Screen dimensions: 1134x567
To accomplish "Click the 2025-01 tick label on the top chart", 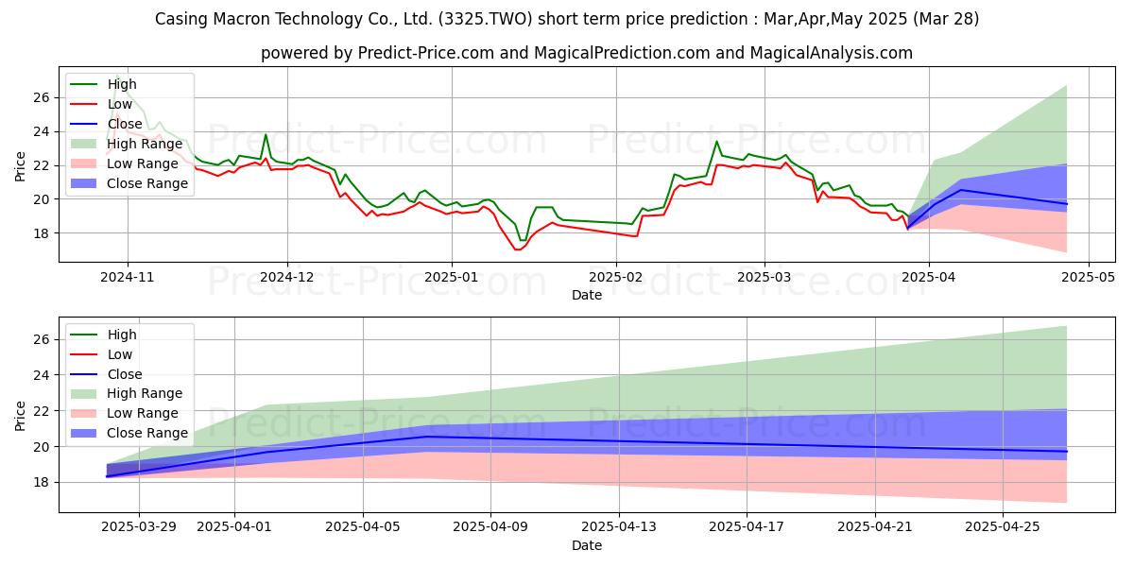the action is (x=452, y=277).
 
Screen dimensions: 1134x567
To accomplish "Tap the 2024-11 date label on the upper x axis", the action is (x=127, y=277).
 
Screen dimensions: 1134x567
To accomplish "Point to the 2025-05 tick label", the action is (x=1088, y=277).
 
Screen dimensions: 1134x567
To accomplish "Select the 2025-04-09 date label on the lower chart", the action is (x=490, y=527).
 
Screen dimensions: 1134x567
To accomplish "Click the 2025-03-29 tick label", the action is (x=139, y=527).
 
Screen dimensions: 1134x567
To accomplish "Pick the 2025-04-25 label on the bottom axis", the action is (x=1003, y=527).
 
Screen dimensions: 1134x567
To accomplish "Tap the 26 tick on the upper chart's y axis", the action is (x=42, y=97).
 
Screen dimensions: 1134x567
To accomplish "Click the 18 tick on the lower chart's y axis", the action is (x=42, y=483).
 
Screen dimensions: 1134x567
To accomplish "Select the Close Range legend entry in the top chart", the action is (x=129, y=183).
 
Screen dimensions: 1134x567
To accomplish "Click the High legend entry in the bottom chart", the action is (x=103, y=335).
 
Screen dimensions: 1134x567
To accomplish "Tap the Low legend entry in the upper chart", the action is (x=101, y=104).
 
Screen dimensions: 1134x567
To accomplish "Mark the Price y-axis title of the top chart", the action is (x=20, y=166).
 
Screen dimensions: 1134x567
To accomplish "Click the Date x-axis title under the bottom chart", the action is (x=587, y=545).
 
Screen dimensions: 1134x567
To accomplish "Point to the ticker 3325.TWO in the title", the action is (x=486, y=19).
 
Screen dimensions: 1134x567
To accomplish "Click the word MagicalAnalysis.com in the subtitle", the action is (x=832, y=53).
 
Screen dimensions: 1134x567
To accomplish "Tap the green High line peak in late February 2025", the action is (x=716, y=141).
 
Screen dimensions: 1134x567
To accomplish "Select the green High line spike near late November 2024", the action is (x=266, y=134).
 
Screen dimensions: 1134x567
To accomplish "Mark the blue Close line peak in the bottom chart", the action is (x=428, y=437).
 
